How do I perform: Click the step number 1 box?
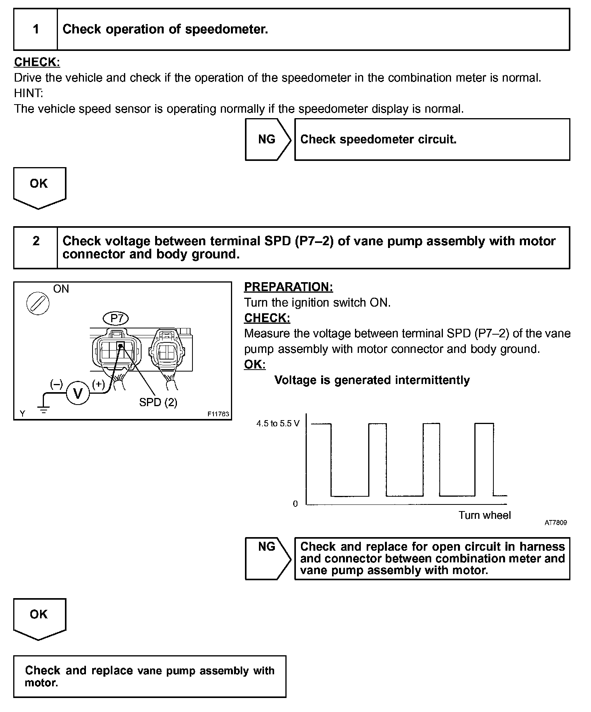click(x=36, y=30)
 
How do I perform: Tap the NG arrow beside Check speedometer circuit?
click(x=268, y=140)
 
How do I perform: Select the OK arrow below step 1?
click(x=39, y=186)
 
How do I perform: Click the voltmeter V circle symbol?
click(x=78, y=394)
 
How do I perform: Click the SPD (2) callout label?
click(x=158, y=402)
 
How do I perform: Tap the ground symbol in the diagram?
click(x=44, y=409)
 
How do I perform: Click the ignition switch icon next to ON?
click(x=38, y=304)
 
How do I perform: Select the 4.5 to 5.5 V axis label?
click(x=278, y=424)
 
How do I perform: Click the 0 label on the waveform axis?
click(x=295, y=504)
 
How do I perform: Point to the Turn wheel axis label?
click(x=484, y=515)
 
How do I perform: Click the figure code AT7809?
click(x=555, y=523)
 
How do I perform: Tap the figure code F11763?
click(x=218, y=414)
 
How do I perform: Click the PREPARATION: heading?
click(x=289, y=287)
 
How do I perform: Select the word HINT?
click(x=29, y=93)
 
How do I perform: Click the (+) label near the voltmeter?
click(x=98, y=384)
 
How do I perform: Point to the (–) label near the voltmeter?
click(x=56, y=384)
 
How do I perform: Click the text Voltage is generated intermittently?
click(x=372, y=380)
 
